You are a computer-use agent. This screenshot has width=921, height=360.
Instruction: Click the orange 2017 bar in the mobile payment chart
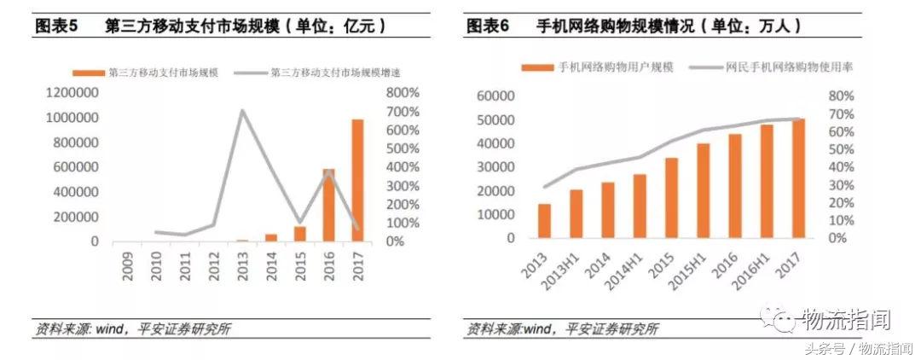[x=357, y=181]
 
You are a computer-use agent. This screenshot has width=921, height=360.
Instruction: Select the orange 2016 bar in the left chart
[x=328, y=205]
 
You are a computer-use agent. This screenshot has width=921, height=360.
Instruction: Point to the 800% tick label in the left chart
[x=402, y=92]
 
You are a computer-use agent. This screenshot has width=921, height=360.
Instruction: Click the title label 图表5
[x=56, y=26]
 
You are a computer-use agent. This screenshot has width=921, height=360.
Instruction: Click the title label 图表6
[x=488, y=26]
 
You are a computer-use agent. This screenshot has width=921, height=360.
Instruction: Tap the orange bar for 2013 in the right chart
[x=544, y=221]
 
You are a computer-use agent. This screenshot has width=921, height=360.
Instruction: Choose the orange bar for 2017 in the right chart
[x=798, y=178]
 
